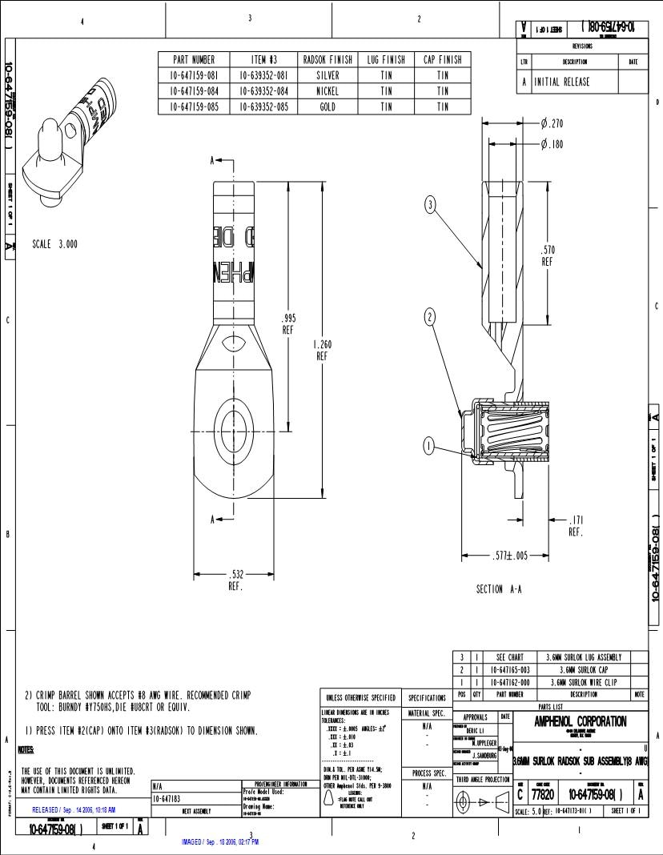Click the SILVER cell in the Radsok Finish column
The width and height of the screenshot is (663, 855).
click(327, 75)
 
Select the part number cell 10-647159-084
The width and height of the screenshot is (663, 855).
click(194, 90)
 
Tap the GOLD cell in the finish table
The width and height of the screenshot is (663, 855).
click(327, 106)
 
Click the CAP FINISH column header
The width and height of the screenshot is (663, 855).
click(442, 60)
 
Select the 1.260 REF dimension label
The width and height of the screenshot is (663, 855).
click(322, 351)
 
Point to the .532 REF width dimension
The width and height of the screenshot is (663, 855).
click(235, 578)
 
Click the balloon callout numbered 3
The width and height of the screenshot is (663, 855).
click(430, 205)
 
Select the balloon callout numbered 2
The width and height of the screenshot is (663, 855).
click(430, 317)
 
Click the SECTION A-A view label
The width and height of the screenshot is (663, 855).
click(499, 589)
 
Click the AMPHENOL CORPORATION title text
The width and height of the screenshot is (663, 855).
click(581, 721)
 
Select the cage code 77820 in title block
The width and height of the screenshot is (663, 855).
click(544, 794)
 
